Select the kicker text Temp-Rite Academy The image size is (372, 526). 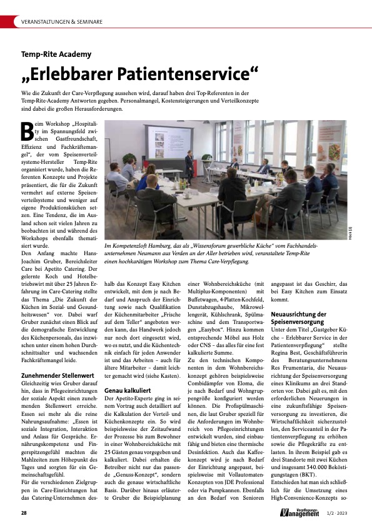(x=56, y=54)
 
